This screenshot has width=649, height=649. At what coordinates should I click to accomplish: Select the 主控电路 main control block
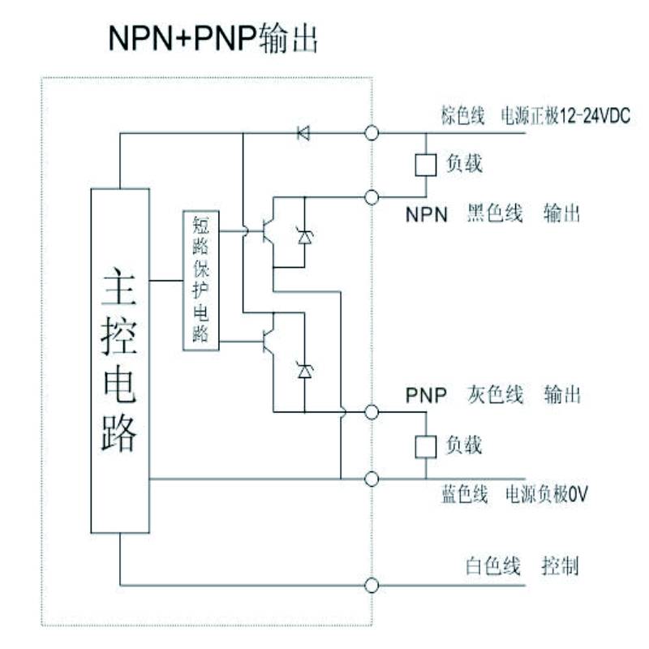(120, 360)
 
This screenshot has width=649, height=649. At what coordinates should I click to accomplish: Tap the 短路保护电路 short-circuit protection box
(201, 280)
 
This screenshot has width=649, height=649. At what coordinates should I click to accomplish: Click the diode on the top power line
(303, 133)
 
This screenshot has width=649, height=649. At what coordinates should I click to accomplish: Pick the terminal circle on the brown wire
(372, 133)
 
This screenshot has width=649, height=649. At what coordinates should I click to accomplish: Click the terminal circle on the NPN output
(372, 197)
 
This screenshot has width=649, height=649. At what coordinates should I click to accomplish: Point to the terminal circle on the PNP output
(372, 412)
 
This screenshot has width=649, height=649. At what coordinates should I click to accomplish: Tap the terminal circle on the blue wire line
(372, 479)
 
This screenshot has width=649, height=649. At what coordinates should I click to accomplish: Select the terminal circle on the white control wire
(372, 585)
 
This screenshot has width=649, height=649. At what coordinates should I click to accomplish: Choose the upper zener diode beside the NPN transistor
(305, 237)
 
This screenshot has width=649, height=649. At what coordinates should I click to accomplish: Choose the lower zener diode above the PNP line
(305, 371)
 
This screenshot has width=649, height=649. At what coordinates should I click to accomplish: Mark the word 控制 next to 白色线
(560, 566)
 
